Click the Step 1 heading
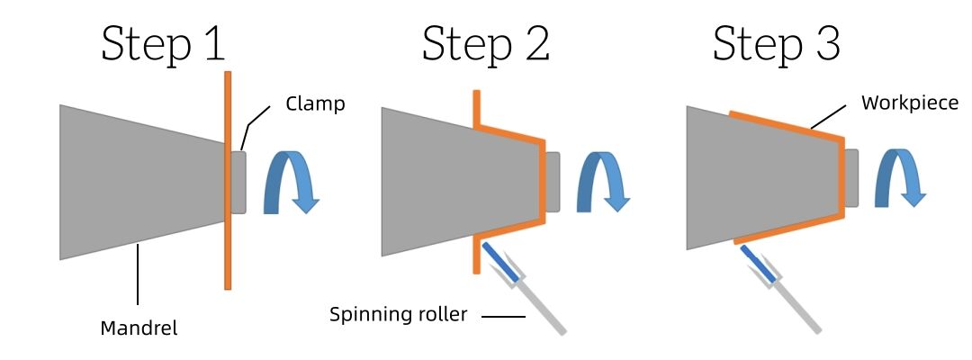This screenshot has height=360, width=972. pyautogui.click(x=162, y=42)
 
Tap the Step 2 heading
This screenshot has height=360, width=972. pyautogui.click(x=486, y=42)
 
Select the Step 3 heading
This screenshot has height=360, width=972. pyautogui.click(x=776, y=42)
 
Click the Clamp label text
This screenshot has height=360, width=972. pyautogui.click(x=315, y=103)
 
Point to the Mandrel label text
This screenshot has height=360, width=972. pyautogui.click(x=139, y=328)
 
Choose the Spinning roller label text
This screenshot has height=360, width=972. pyautogui.click(x=398, y=315)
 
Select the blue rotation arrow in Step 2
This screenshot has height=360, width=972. pyautogui.click(x=599, y=180)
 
